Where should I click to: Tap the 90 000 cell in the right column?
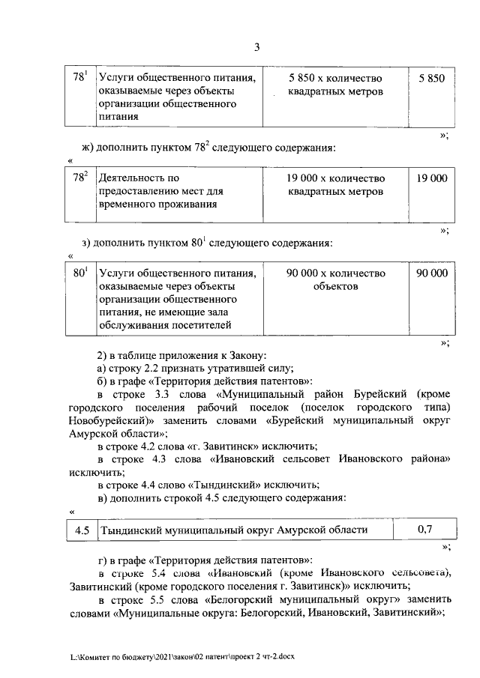pyautogui.click(x=431, y=273)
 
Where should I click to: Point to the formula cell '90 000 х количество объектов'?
pyautogui.click(x=336, y=280)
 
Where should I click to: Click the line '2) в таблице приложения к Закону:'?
pyautogui.click(x=182, y=354)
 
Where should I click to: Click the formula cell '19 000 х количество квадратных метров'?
pyautogui.click(x=336, y=185)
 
